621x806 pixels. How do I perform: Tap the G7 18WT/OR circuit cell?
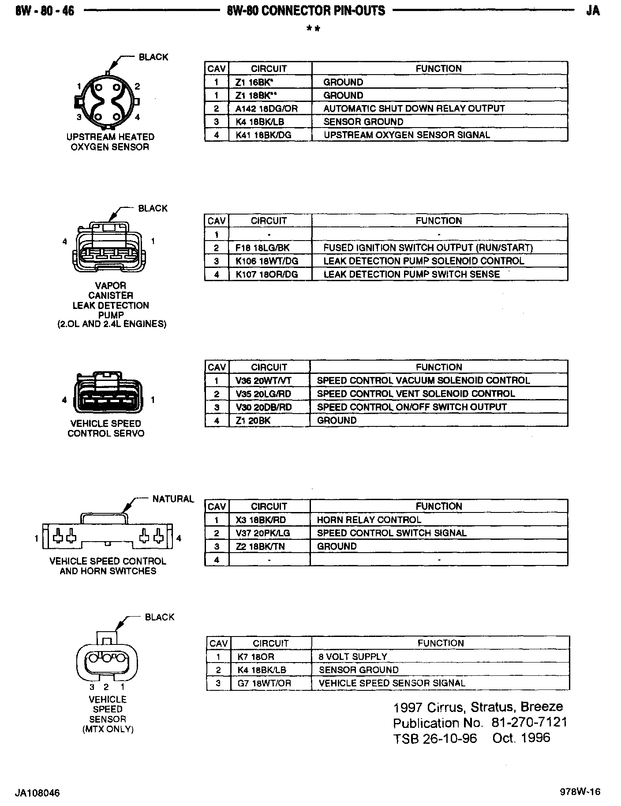(x=264, y=683)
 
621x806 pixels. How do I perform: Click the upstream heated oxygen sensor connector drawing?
(x=107, y=100)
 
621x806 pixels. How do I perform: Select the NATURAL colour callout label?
(x=173, y=499)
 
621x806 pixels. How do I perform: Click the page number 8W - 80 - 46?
(x=45, y=11)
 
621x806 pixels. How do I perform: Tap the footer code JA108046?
(x=37, y=793)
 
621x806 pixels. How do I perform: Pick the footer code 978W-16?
(x=580, y=792)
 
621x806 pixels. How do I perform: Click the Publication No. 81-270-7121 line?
(x=480, y=723)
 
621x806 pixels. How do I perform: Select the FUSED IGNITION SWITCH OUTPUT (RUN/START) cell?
(x=428, y=248)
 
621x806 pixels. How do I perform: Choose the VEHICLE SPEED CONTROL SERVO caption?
(x=106, y=429)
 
